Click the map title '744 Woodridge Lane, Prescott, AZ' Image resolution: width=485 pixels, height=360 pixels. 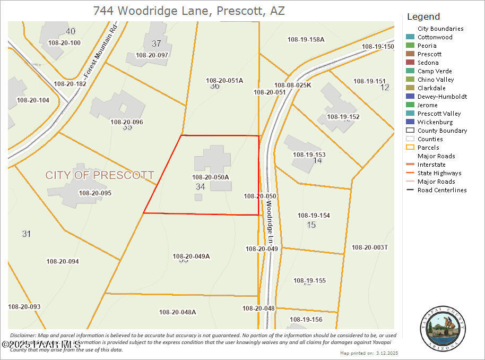[189, 11]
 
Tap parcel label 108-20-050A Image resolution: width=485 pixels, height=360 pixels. [211, 177]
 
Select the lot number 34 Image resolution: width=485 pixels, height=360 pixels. [200, 186]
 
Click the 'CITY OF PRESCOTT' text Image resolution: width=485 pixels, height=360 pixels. [100, 175]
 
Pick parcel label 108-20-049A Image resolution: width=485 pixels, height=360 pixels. [192, 256]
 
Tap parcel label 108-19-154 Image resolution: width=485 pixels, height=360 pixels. [314, 215]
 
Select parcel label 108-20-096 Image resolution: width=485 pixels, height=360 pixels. [127, 122]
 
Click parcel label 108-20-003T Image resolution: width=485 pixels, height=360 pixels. [370, 247]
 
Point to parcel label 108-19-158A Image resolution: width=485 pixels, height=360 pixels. [306, 39]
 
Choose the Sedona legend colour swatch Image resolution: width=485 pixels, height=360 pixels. [410, 63]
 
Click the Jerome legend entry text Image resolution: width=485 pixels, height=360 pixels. [427, 105]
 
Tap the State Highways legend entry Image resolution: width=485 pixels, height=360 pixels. [439, 173]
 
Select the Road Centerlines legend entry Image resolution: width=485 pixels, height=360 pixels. [441, 190]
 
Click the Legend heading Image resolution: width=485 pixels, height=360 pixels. [423, 16]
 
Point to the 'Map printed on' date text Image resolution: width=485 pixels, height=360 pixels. [369, 353]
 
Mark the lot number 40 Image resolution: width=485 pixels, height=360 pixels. [71, 31]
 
